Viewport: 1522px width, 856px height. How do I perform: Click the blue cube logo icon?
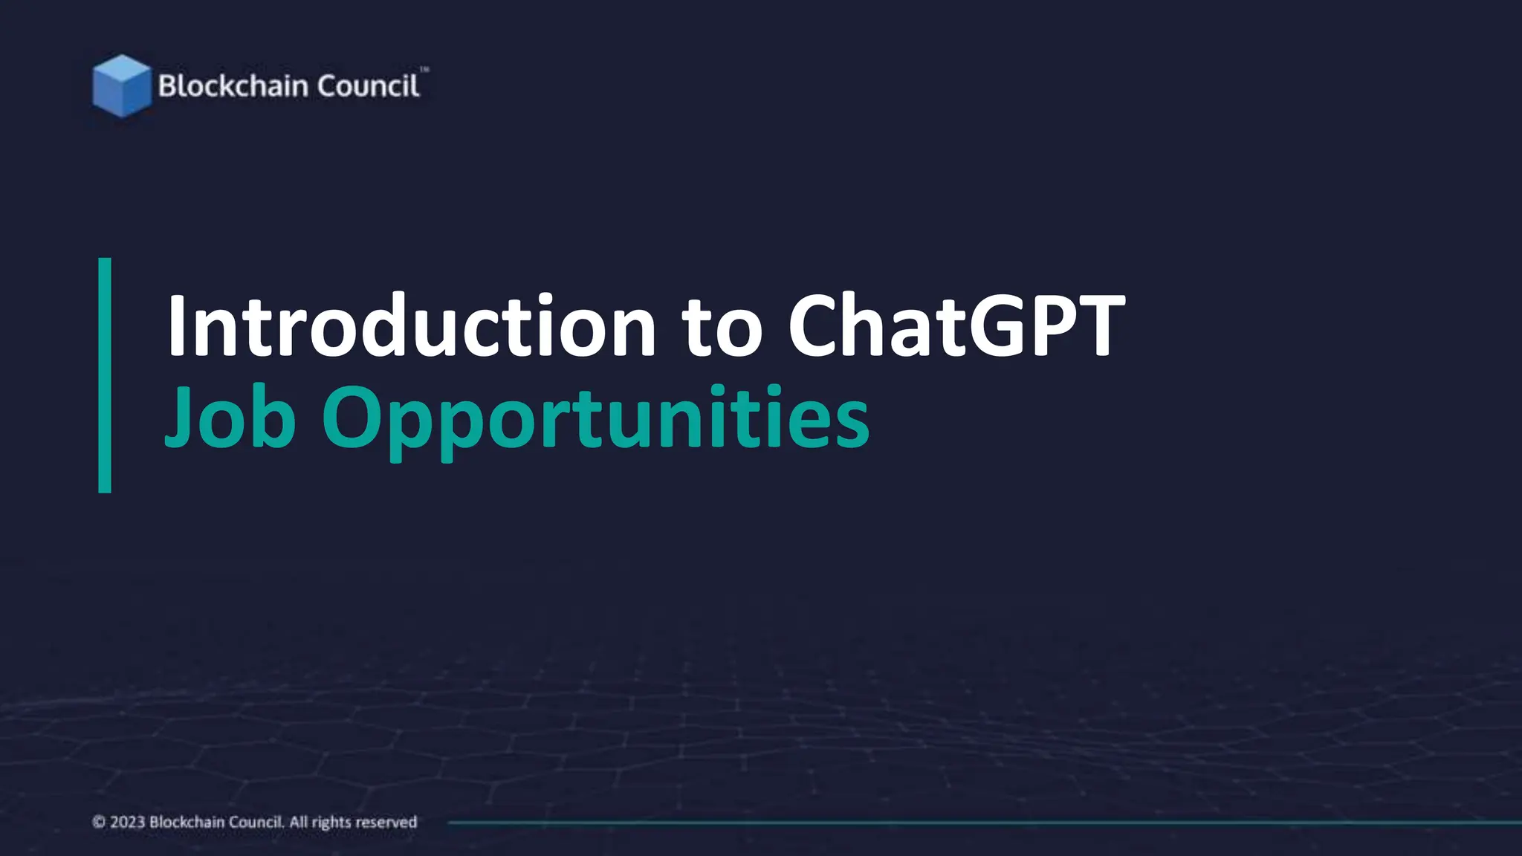pos(121,86)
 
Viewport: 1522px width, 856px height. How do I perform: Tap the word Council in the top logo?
pos(368,86)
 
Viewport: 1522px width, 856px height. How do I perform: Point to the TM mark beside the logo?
pos(424,70)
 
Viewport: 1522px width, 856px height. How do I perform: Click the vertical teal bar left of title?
pos(105,375)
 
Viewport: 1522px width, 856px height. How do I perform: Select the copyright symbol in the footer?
pos(99,822)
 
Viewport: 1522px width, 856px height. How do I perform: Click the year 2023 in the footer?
pos(127,822)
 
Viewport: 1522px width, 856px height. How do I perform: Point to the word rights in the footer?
pos(331,823)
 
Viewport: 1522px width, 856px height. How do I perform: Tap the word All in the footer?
pos(298,822)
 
